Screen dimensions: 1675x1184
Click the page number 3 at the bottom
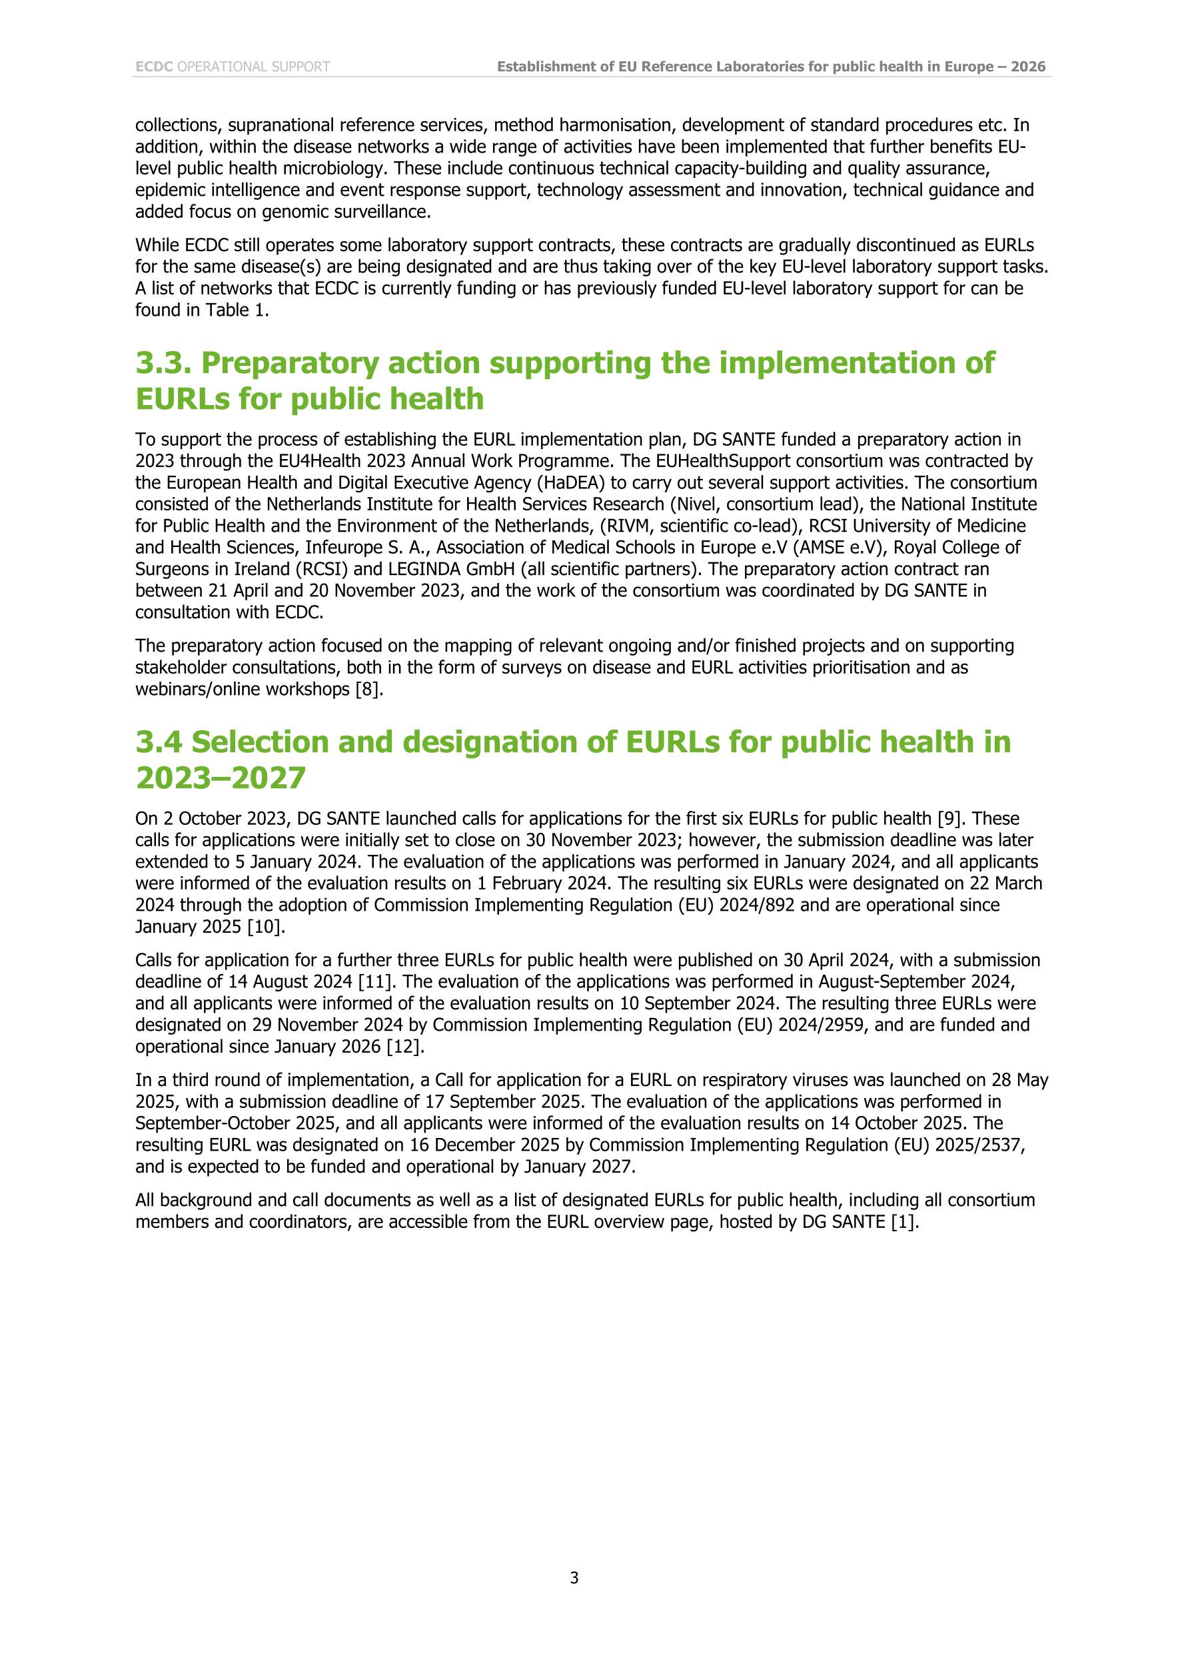(574, 1578)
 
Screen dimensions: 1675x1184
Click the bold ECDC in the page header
(154, 67)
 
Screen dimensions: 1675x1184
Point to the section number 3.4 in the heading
(159, 742)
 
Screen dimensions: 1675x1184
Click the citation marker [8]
(368, 690)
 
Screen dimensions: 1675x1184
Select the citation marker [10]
(267, 927)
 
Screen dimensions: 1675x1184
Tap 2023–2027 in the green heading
(221, 778)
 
